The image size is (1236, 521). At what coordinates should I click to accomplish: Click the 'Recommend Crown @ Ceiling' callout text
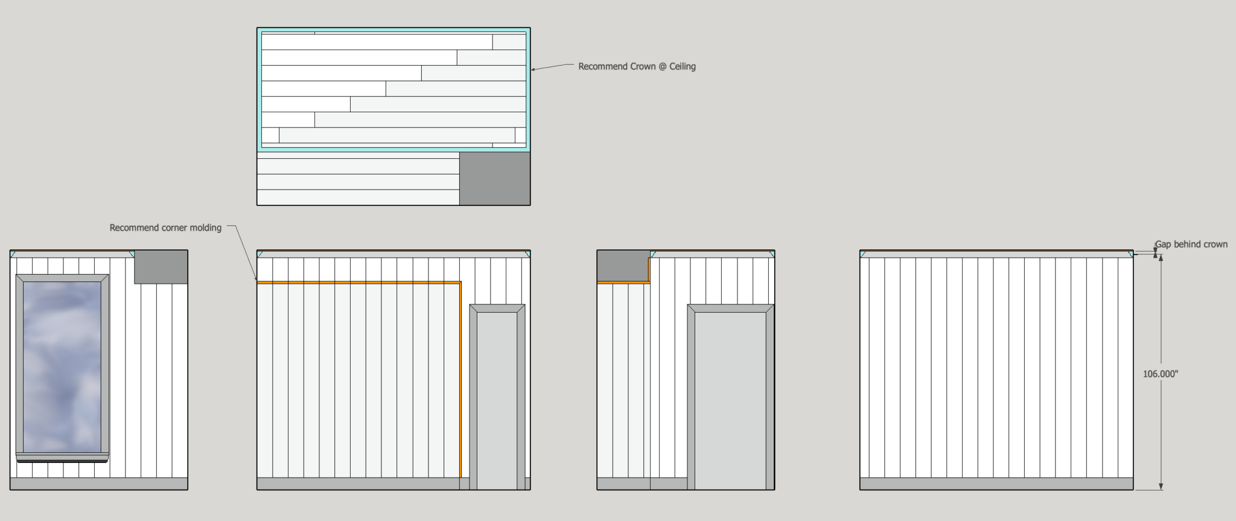click(637, 66)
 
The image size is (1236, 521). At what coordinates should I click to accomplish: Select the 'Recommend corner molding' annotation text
click(165, 228)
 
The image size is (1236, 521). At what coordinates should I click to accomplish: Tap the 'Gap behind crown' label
click(1191, 244)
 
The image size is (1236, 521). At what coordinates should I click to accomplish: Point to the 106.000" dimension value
click(1160, 374)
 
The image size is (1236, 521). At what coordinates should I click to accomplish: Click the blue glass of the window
click(62, 366)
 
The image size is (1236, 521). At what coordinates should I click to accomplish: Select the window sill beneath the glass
click(62, 457)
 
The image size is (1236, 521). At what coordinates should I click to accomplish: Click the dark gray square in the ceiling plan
click(495, 178)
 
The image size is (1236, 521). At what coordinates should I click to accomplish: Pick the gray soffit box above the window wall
click(161, 267)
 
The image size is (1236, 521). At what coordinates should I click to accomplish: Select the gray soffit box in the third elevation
click(623, 266)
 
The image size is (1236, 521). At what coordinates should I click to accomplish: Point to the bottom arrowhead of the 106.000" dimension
click(1161, 486)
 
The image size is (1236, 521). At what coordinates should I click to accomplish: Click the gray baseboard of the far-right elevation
click(996, 484)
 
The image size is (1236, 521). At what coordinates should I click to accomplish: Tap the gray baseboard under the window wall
click(99, 484)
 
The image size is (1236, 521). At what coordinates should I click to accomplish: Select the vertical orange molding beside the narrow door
click(460, 379)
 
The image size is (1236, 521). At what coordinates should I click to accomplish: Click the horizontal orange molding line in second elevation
click(359, 282)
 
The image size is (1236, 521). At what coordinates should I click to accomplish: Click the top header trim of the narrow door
click(497, 308)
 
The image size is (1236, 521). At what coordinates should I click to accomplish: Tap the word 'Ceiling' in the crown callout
click(683, 66)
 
